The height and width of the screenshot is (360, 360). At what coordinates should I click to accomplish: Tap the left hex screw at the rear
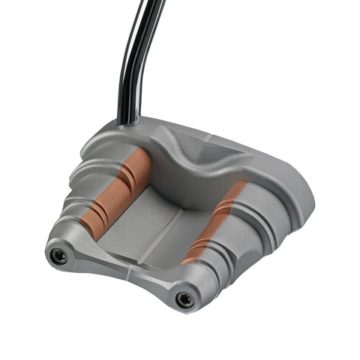[x=58, y=256]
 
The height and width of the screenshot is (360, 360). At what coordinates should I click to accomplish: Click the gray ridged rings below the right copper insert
[x=225, y=259]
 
